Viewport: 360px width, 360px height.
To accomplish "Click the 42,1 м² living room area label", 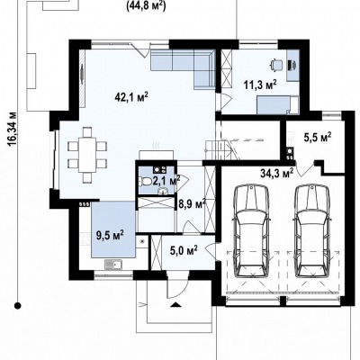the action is (131, 96).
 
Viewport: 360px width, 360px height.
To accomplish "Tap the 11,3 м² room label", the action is (260, 85).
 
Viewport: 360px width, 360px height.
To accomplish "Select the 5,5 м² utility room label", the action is (318, 137).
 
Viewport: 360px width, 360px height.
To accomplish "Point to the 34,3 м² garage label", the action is (277, 173).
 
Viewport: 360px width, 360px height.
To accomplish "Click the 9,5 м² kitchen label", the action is (110, 235).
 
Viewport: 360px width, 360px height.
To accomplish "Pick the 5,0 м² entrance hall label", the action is (184, 249).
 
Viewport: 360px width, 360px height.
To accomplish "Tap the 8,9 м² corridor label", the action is (192, 204).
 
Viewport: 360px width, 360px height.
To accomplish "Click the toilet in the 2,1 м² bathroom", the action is (145, 181).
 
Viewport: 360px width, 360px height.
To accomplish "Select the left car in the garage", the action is (251, 232).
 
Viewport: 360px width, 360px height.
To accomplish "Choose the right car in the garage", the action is (313, 232).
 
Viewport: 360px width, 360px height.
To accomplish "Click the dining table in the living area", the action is (87, 155).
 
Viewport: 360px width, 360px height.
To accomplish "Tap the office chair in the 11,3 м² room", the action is (276, 65).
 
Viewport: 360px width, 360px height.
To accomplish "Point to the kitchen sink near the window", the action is (112, 265).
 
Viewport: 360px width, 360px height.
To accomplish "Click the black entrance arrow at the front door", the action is (175, 305).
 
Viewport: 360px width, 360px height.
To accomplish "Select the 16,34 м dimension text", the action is (13, 129).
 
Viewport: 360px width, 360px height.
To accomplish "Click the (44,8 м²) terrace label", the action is (146, 5).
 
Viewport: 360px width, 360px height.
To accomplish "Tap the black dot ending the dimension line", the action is (18, 306).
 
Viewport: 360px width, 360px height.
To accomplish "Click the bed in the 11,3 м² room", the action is (278, 105).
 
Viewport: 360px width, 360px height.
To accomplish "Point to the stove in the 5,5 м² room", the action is (290, 154).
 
